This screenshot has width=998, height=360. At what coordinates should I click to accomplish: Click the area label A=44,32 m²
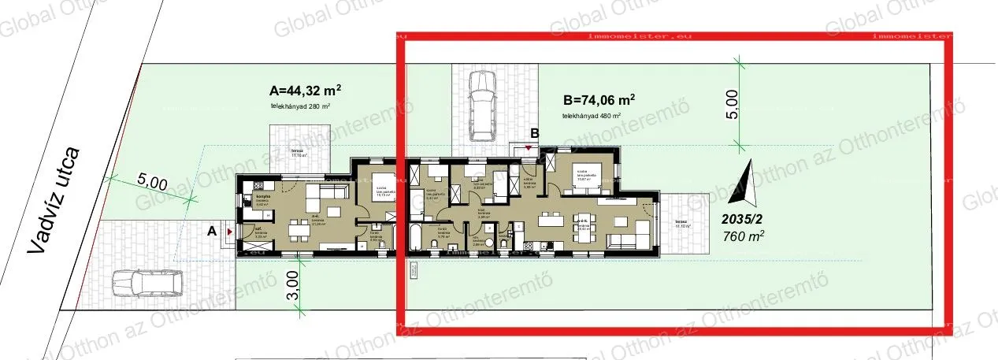click(305, 90)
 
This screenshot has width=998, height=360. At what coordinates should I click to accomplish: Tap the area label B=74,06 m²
click(599, 101)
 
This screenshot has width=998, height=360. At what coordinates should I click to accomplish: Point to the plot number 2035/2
click(743, 219)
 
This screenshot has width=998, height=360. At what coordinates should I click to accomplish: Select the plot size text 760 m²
click(743, 234)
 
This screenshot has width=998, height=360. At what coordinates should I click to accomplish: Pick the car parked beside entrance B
click(480, 105)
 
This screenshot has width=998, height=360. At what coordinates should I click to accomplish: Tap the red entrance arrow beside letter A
click(228, 232)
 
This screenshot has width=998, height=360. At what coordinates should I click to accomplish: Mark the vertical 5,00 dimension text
click(732, 104)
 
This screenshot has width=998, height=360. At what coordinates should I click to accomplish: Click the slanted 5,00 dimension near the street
click(153, 184)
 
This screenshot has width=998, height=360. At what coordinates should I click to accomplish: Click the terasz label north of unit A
click(297, 152)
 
